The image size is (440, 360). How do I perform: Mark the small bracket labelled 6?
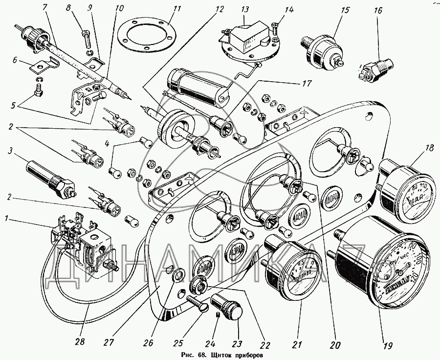point(39,65)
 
